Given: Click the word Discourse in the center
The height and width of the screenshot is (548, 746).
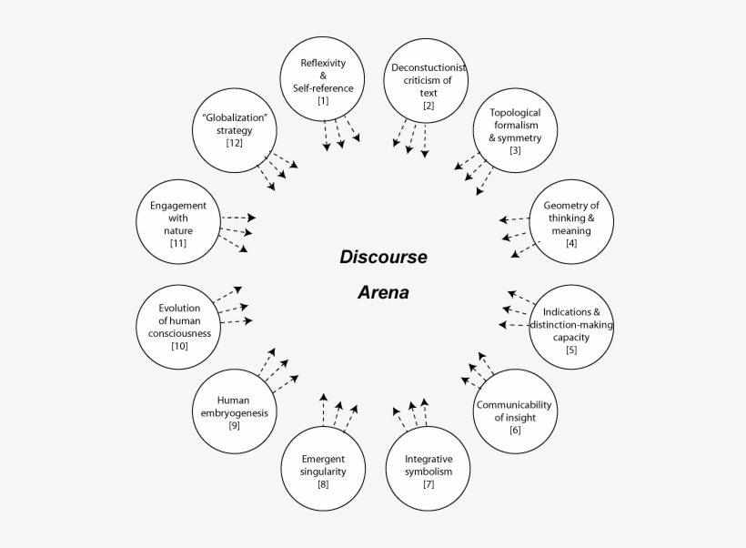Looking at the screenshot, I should coord(383,257).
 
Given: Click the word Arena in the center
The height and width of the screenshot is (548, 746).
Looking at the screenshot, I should coord(383,293).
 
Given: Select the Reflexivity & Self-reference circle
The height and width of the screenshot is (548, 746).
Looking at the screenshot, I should coord(323,82).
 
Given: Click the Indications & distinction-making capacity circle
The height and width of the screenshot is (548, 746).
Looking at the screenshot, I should coord(571,325).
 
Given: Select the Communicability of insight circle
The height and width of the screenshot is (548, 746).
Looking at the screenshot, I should coord(515,411).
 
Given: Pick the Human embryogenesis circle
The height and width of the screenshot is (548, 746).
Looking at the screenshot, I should coord(235,407).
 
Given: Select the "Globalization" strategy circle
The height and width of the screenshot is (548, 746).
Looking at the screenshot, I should coord(235,130).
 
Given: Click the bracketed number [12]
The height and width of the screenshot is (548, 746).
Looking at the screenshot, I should coord(235,144).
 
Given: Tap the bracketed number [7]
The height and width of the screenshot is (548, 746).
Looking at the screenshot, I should coord(428,483).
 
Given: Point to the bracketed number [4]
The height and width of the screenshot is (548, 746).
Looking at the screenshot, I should coord(571,243).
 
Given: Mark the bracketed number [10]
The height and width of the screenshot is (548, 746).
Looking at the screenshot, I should coord(179,346).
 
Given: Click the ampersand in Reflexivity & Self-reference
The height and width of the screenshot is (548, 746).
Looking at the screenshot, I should coord(323,76).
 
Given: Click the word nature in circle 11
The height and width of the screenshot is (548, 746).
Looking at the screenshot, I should coord(178,230).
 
